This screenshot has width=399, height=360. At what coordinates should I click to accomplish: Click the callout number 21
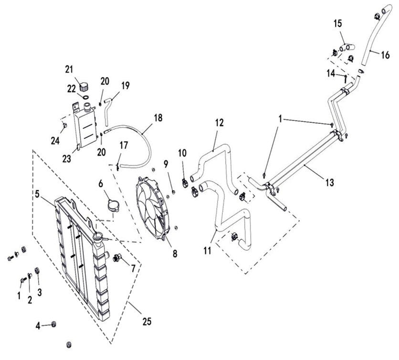click(69, 69)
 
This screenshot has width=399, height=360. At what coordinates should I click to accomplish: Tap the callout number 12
click(219, 123)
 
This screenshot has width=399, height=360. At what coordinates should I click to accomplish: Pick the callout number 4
click(38, 326)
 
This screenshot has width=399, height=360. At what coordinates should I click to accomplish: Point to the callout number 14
click(330, 73)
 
